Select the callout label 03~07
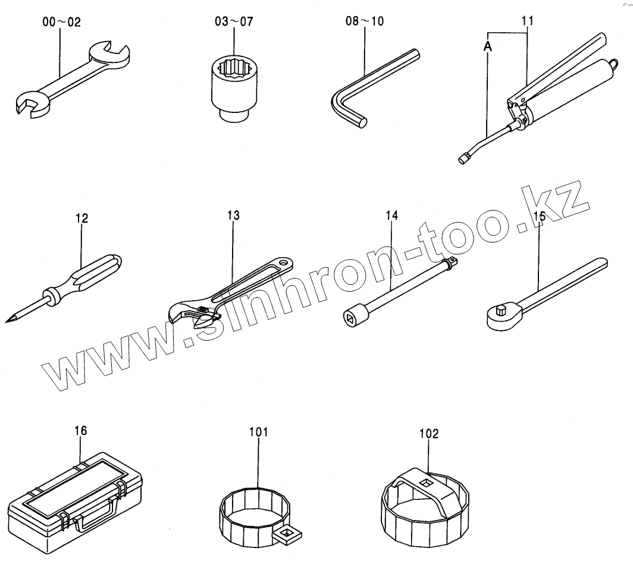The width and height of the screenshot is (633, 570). (x=234, y=23)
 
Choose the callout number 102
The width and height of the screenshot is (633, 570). (x=428, y=434)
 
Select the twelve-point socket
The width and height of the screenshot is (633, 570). (x=235, y=89)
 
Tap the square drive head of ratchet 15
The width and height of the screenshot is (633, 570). (x=500, y=310)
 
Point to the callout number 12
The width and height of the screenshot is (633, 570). (x=82, y=219)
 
